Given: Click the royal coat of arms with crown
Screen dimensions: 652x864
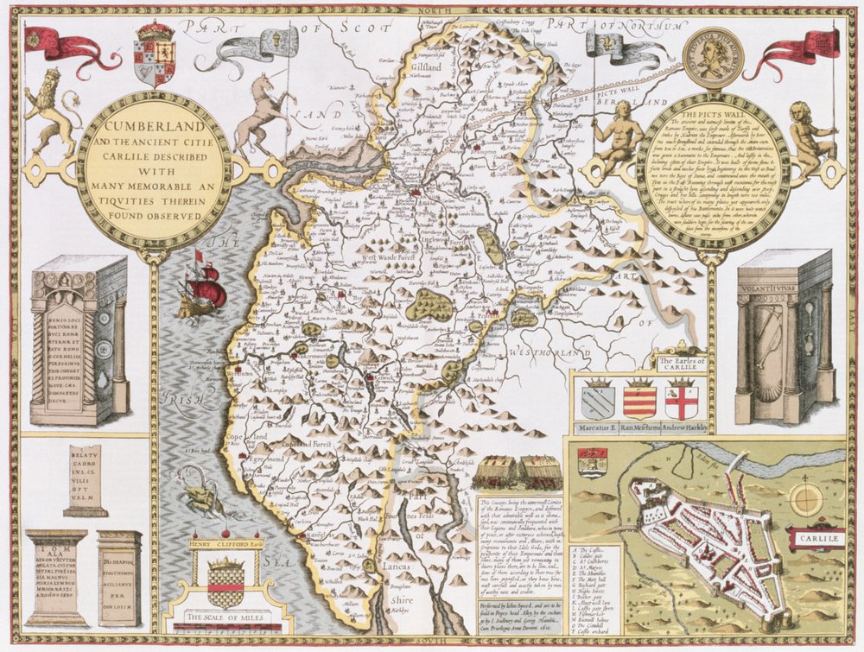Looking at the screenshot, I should (156, 54).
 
